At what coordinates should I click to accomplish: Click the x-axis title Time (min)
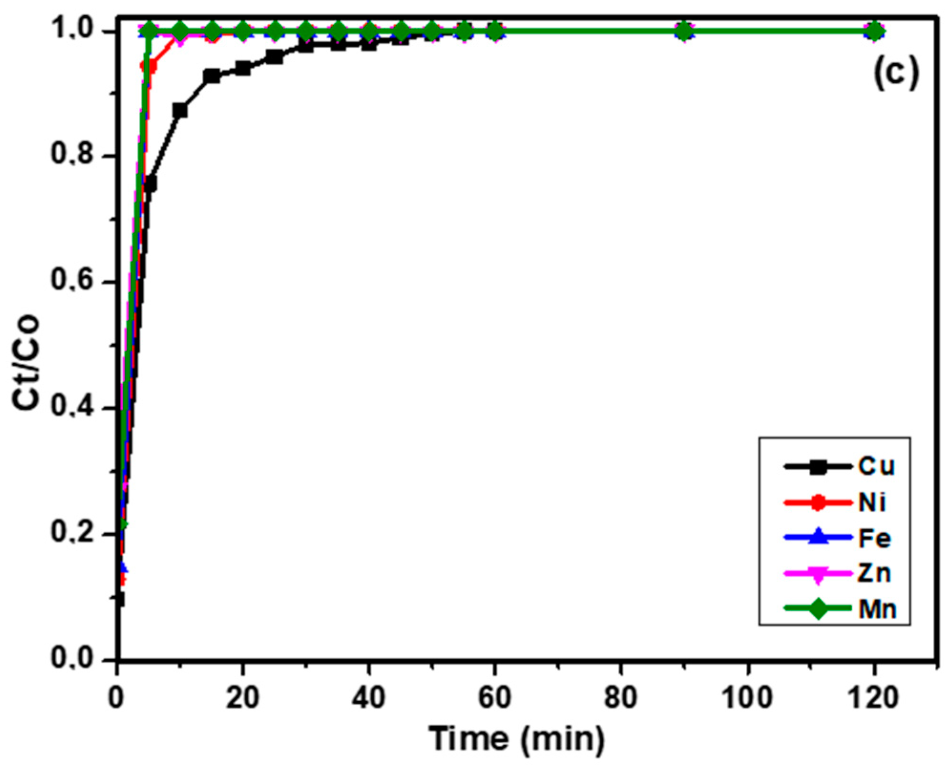(x=517, y=739)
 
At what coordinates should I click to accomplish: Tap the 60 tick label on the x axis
(x=494, y=698)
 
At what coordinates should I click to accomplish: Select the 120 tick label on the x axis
(x=874, y=698)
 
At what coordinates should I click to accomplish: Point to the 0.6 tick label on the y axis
(x=73, y=281)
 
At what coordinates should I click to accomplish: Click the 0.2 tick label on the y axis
(x=73, y=533)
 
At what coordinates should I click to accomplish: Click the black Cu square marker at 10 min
(x=180, y=110)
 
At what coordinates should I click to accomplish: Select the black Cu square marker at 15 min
(x=211, y=76)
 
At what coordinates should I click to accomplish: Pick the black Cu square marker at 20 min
(x=243, y=68)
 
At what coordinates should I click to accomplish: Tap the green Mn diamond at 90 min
(x=684, y=32)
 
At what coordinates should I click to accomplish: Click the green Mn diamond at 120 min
(x=874, y=32)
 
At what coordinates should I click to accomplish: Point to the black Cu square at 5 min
(x=149, y=184)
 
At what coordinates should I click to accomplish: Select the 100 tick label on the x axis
(x=747, y=698)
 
